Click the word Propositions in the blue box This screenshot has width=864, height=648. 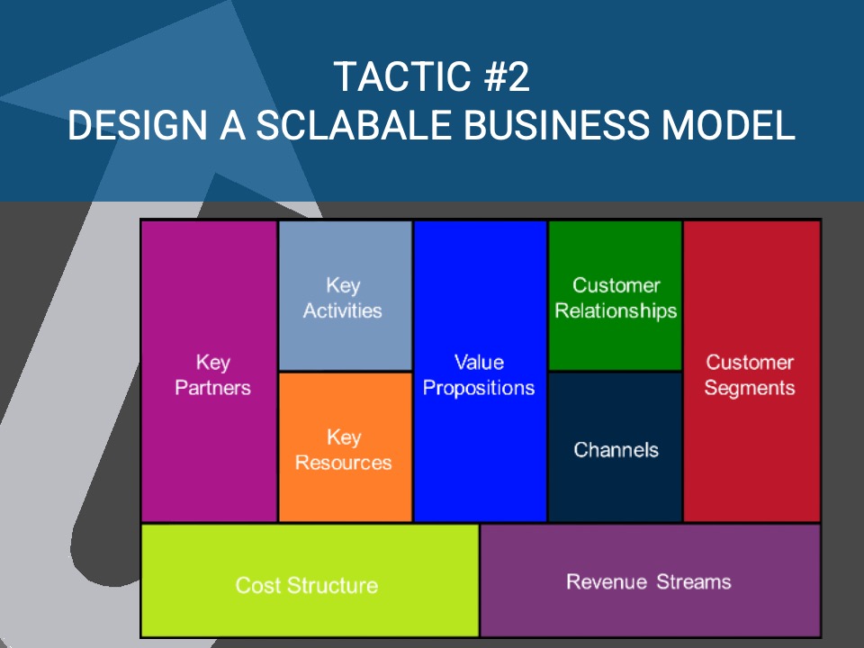point(479,388)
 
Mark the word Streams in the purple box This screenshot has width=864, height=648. point(693,581)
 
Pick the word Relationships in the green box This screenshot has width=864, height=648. point(616,311)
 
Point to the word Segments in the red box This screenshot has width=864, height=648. point(750,388)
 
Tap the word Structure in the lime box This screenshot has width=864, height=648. point(333,586)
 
